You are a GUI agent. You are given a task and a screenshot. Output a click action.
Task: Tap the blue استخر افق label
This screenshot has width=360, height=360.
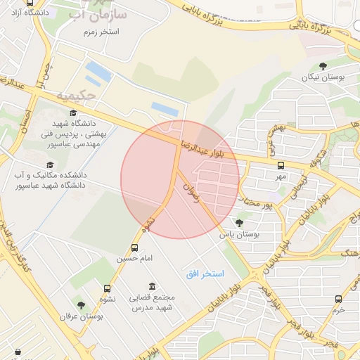205,272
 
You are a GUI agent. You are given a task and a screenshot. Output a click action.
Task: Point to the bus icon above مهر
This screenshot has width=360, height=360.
281,166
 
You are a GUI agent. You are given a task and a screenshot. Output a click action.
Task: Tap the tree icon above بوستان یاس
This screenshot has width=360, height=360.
239,223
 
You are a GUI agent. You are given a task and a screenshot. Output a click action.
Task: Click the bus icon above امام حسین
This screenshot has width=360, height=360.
134,247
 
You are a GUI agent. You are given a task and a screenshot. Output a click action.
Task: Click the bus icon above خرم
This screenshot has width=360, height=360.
339,298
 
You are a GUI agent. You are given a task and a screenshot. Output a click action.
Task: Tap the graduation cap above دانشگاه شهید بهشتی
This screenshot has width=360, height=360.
73,112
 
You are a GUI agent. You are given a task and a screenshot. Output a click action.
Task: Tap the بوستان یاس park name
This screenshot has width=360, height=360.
240,235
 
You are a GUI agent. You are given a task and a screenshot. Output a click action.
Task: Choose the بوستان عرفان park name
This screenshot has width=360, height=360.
81,317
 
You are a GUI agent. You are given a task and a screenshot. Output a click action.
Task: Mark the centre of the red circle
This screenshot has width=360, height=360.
180,179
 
